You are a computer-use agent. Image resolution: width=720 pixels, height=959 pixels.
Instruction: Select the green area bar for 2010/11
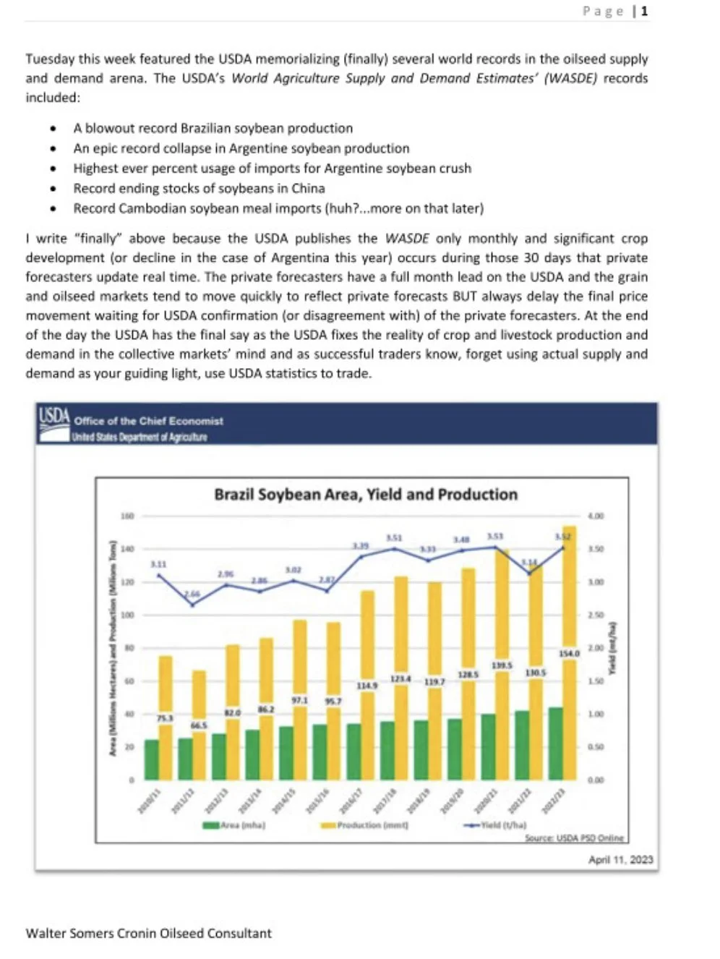[151, 759]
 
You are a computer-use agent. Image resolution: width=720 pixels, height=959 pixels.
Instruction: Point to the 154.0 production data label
[570, 653]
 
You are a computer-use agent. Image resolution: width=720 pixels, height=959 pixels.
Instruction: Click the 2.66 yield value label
[192, 594]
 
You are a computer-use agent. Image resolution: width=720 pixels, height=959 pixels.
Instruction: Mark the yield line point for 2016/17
[361, 556]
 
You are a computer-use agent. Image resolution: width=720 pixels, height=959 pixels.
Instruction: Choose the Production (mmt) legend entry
[364, 825]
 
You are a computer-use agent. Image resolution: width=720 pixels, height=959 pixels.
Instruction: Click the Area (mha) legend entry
[234, 825]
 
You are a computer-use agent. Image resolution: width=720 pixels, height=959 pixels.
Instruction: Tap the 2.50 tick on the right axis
[595, 615]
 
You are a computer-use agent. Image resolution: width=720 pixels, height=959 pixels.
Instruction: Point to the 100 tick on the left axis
[127, 615]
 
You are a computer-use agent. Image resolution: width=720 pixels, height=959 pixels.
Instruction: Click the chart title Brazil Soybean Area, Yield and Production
[366, 495]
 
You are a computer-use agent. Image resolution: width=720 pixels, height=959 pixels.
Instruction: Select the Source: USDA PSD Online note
[574, 838]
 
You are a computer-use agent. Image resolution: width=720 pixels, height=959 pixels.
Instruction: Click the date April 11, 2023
[620, 859]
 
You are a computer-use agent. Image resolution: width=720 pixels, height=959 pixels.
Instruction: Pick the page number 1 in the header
[644, 11]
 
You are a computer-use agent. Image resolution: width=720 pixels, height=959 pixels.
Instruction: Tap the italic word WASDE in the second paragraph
[407, 239]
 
